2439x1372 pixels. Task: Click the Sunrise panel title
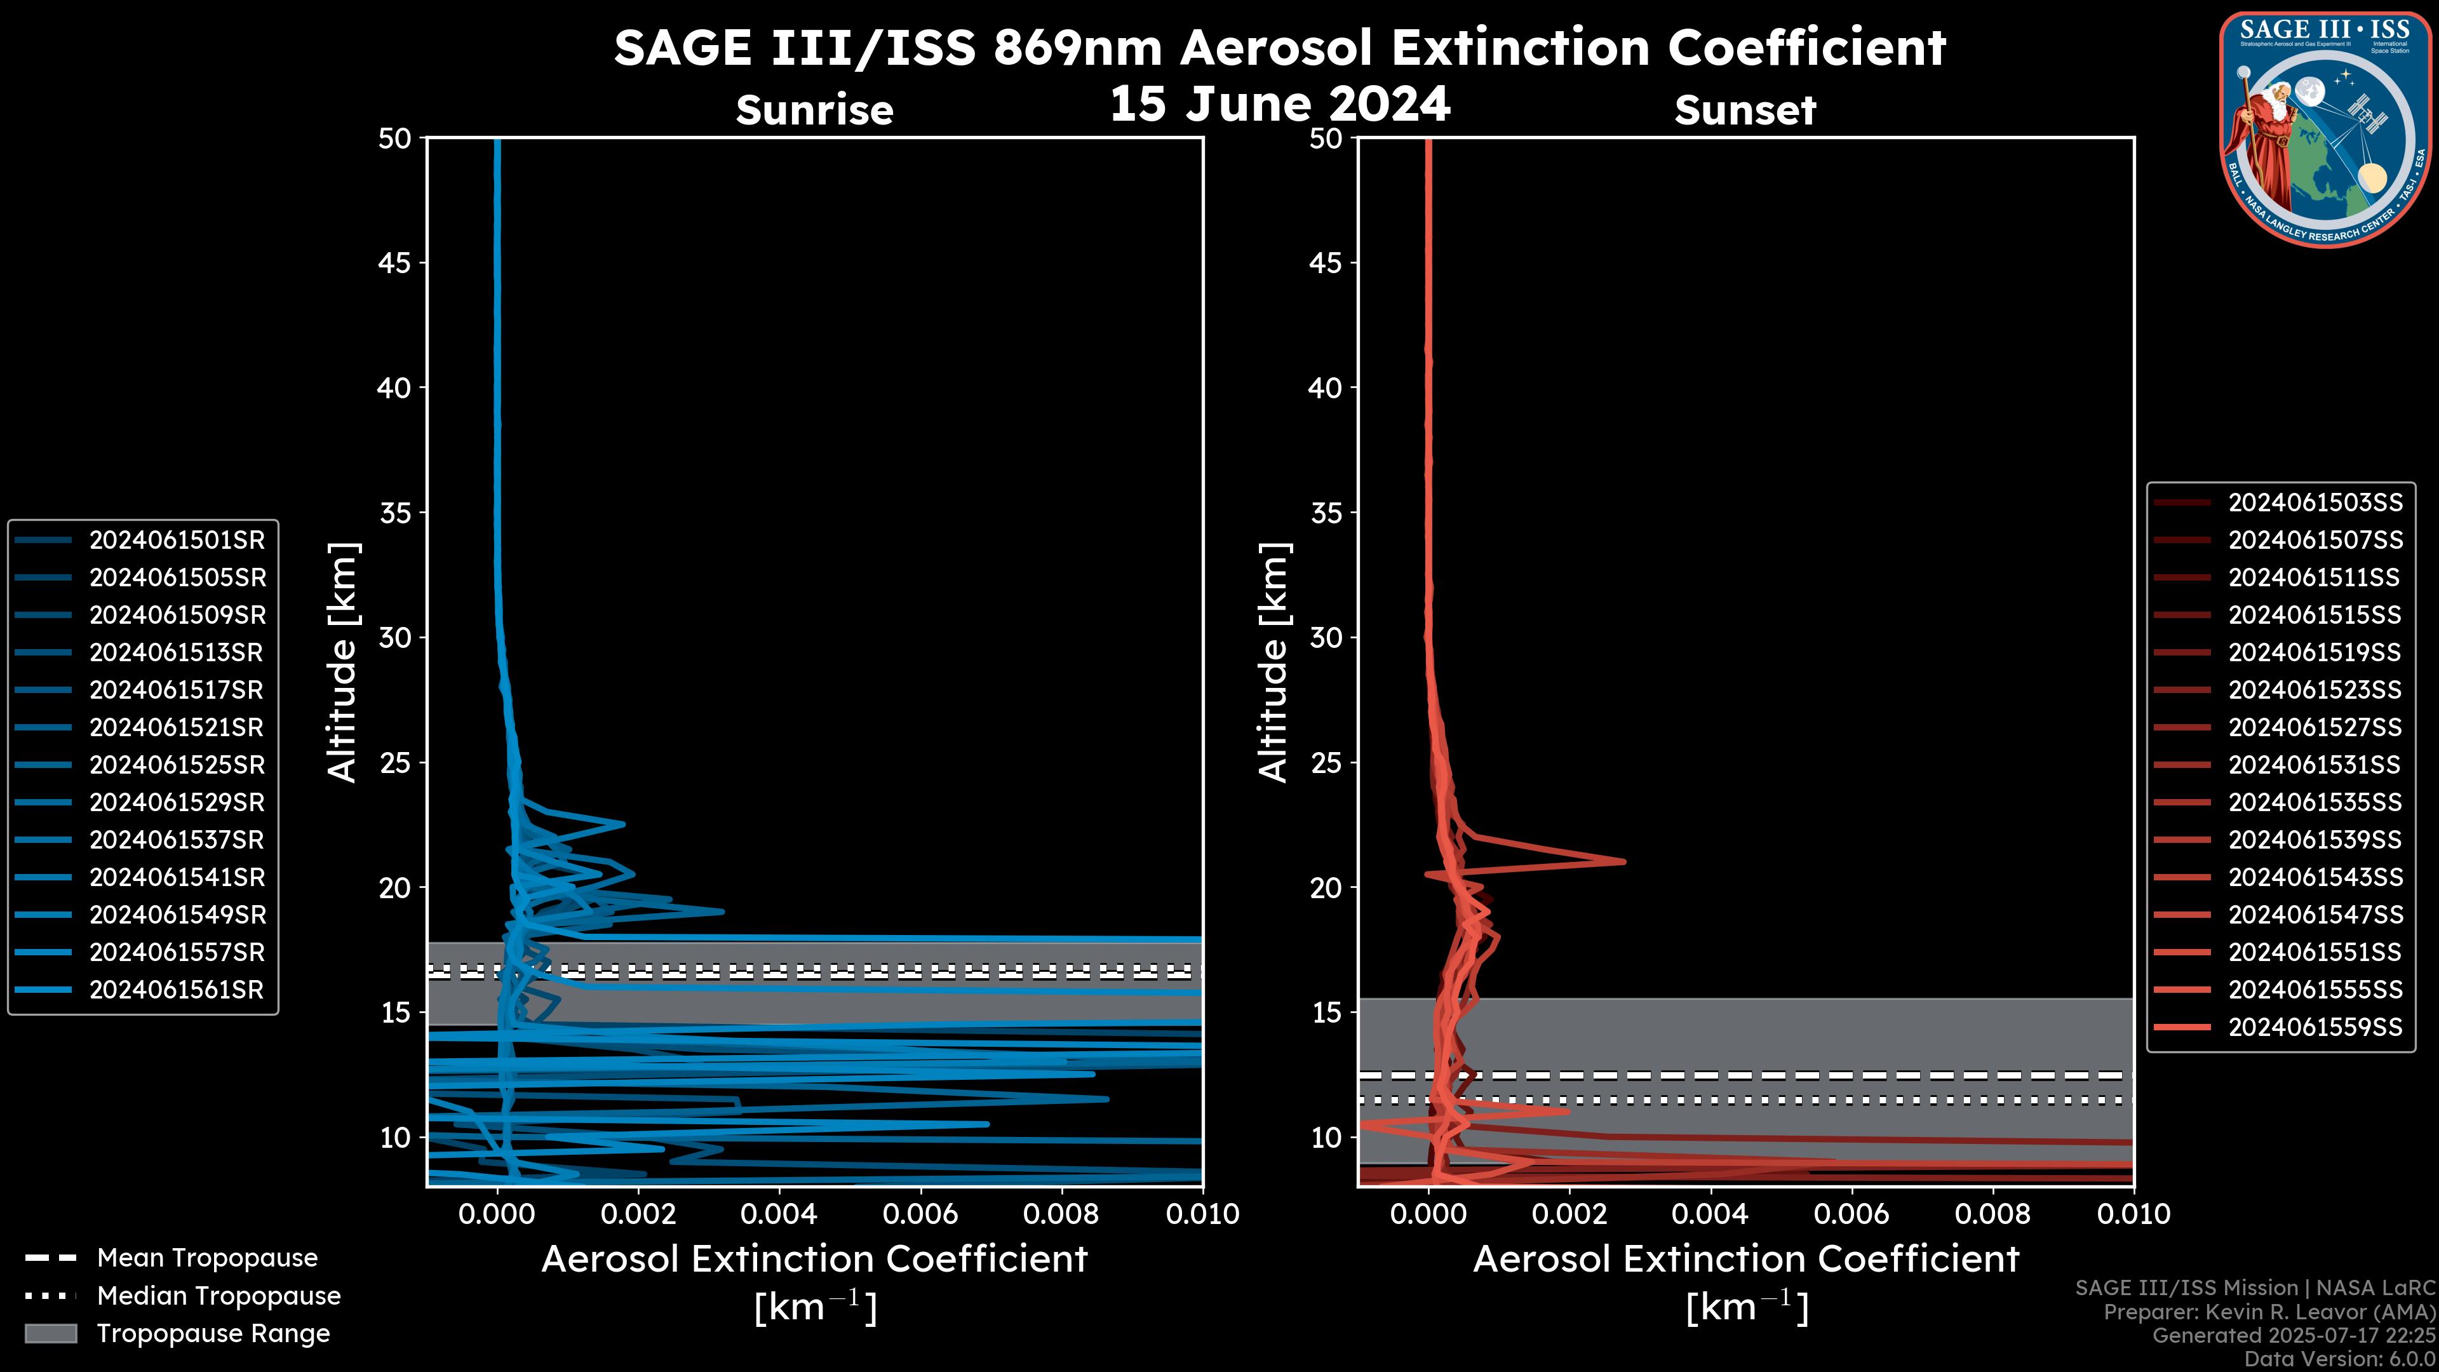click(814, 111)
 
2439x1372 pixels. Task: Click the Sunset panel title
click(1745, 111)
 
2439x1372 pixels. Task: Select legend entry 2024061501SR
click(177, 540)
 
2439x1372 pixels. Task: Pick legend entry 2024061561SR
click(177, 990)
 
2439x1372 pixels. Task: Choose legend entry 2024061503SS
click(2315, 502)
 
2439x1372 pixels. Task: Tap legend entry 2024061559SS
click(2315, 1027)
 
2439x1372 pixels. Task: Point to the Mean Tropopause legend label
click(207, 1258)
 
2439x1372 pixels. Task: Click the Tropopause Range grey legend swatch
click(50, 1333)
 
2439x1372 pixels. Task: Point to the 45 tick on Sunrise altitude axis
click(395, 263)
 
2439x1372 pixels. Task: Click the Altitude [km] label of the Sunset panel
click(1273, 662)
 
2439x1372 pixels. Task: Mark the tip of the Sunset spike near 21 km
click(1624, 861)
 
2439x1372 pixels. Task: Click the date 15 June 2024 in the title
click(1279, 104)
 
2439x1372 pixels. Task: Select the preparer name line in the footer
click(2269, 1312)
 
